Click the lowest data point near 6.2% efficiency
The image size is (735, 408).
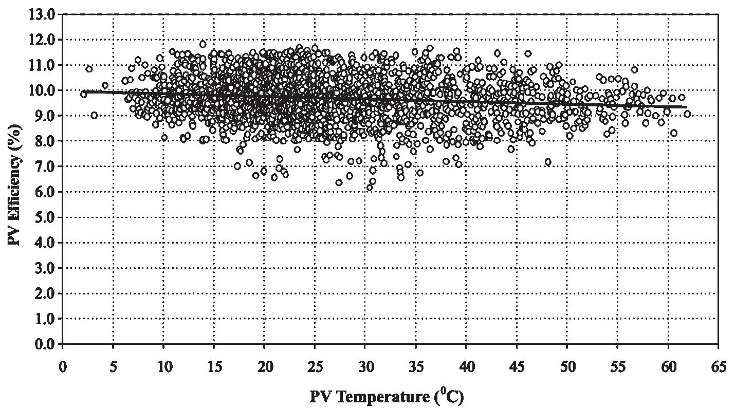pyautogui.click(x=370, y=187)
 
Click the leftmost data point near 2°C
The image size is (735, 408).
pyautogui.click(x=83, y=94)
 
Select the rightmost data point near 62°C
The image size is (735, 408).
pyautogui.click(x=687, y=114)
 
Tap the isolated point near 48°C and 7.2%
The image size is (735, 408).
pyautogui.click(x=548, y=162)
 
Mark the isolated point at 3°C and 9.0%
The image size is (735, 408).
pyautogui.click(x=94, y=115)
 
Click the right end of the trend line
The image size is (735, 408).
pyautogui.click(x=686, y=107)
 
